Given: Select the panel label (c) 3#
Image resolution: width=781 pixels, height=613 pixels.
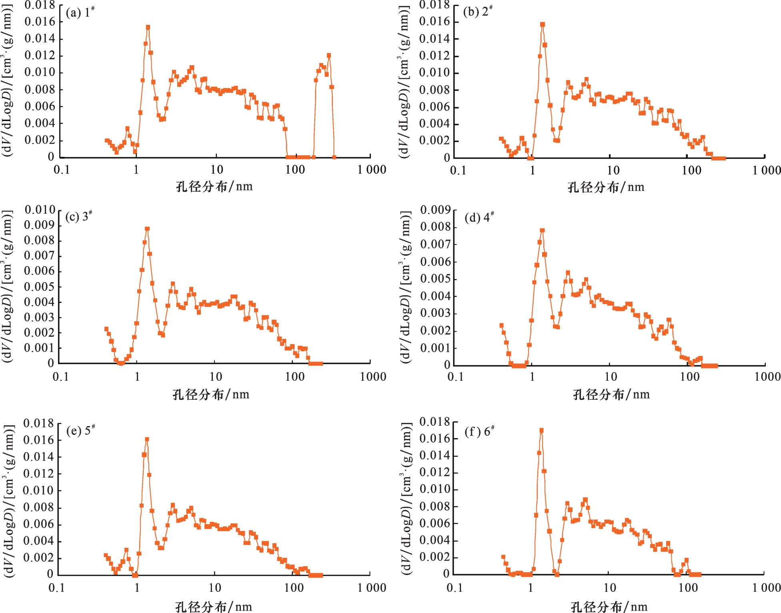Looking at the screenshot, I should pos(79,216).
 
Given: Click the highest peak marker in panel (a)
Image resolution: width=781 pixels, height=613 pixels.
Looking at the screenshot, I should pos(148,27).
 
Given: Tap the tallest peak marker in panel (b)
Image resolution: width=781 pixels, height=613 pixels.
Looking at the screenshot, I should pos(543,24).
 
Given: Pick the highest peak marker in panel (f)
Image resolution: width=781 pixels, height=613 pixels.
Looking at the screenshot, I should pos(541,431).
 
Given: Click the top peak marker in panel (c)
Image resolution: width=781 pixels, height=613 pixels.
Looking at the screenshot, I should pos(147,229).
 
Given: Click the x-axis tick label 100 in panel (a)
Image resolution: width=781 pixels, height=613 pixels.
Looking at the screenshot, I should pos(295,170).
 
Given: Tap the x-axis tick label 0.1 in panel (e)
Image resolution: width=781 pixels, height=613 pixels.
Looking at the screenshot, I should pos(56,588).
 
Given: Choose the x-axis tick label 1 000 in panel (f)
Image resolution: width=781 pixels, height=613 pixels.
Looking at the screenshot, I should pos(766,588).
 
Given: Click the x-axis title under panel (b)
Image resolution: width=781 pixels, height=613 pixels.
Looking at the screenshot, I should pos(606,187).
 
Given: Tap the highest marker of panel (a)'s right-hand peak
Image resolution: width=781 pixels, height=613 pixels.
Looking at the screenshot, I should pos(329,56).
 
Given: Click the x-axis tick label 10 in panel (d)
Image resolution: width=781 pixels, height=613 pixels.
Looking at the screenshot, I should pos(611,377).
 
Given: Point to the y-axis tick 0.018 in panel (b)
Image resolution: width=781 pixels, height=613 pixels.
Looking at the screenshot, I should pos(434,5).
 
